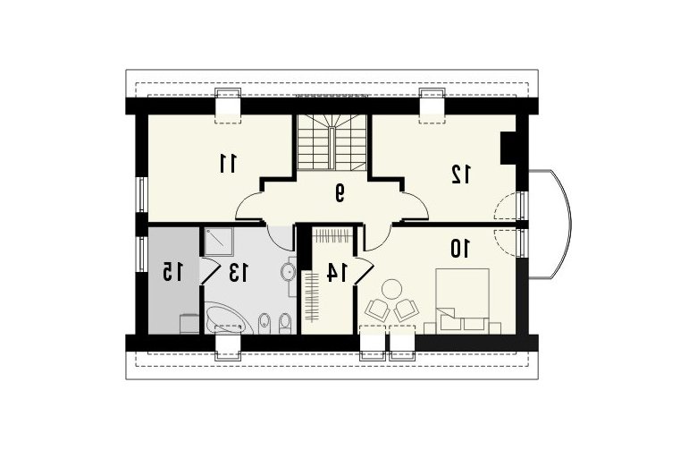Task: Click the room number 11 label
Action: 229,164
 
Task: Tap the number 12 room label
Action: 460,174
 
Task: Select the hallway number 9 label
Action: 340,192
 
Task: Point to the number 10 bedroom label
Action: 460,249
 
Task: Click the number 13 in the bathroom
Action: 239,272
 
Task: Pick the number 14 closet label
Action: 337,272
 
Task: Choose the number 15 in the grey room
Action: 172,271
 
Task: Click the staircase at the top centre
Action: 332,142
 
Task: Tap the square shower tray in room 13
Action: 219,242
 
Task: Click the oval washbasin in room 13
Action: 288,271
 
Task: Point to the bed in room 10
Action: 462,301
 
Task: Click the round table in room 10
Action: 392,289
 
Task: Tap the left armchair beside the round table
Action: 377,310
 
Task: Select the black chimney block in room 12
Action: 508,148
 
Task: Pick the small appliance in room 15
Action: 189,324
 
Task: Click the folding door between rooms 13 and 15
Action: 209,270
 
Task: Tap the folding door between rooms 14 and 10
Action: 364,270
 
